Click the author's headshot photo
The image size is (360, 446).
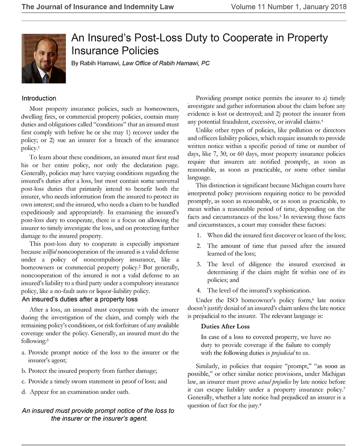coord(44,60)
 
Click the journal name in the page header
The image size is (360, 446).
coord(98,7)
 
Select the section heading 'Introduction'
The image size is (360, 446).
coord(39,98)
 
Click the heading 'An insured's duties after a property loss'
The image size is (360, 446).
coord(80,299)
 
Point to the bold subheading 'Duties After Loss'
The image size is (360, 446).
coord(225,326)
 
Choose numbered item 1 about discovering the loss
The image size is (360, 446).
coord(276,235)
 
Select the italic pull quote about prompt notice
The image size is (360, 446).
coord(98,414)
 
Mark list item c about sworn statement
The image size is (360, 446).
coord(94,381)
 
